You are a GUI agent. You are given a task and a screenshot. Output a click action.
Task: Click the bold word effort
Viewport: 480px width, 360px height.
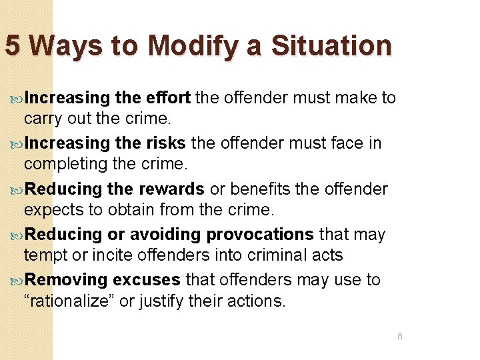(168, 98)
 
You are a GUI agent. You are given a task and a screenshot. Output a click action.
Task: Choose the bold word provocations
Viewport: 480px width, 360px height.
(260, 234)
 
